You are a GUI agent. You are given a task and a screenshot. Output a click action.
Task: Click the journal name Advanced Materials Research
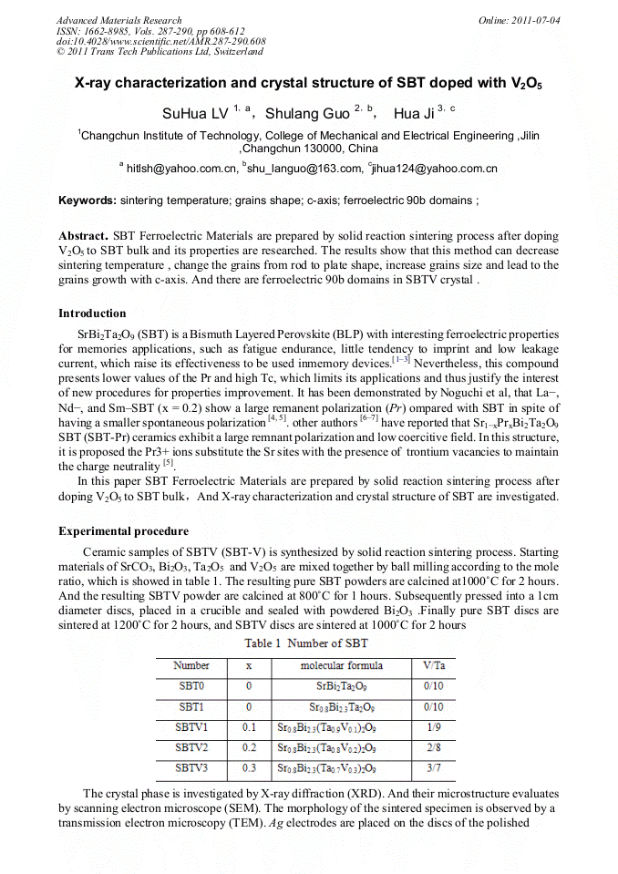[118, 20]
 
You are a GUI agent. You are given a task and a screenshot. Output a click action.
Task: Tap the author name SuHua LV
[195, 114]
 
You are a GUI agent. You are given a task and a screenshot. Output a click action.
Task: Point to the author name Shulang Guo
[306, 114]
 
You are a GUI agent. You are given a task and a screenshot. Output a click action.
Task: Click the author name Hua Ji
[414, 114]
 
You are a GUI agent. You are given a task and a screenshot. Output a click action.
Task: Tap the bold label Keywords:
[88, 200]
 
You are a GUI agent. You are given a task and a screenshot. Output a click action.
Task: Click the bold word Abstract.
[83, 235]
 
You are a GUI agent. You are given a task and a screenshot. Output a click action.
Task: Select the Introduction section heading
[92, 314]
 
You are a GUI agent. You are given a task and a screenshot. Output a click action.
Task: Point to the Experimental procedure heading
[124, 531]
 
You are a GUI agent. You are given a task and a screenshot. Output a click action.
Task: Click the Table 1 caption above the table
[305, 643]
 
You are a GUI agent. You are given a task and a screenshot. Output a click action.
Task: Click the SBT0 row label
[191, 685]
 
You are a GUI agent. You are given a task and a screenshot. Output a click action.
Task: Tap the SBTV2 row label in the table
[192, 747]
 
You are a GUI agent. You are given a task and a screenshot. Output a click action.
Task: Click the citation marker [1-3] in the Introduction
[401, 359]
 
